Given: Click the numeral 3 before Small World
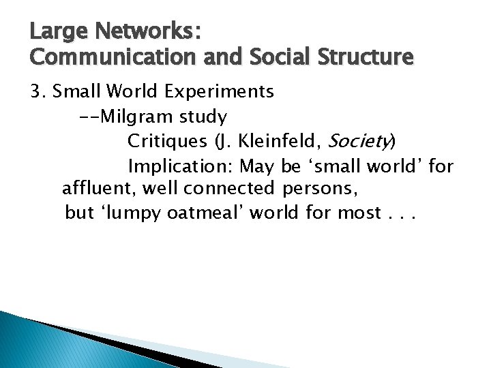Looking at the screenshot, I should coord(35,91).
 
